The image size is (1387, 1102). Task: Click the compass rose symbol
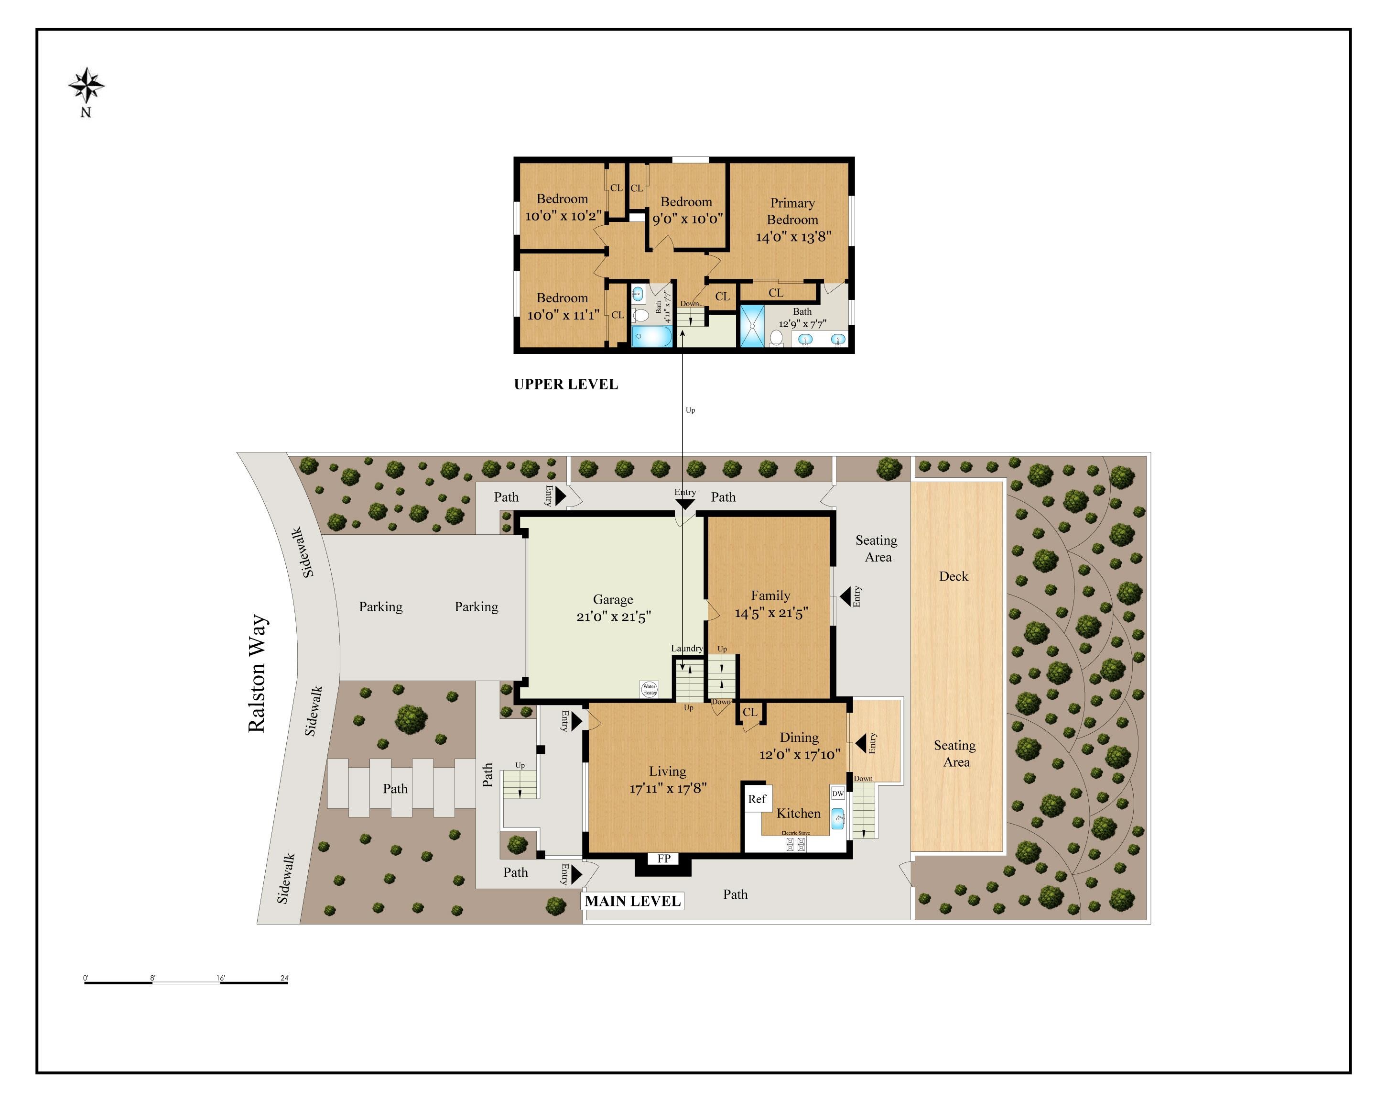(x=86, y=86)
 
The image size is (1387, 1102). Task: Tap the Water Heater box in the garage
(x=649, y=689)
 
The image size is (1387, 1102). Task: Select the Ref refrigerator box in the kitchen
(x=757, y=799)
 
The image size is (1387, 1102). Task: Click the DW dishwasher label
(x=838, y=793)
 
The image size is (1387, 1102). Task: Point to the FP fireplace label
(x=664, y=858)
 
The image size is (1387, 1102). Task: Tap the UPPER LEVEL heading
(x=565, y=384)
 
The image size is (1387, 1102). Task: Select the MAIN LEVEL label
(x=632, y=901)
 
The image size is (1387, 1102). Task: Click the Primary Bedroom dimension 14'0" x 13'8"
(x=793, y=237)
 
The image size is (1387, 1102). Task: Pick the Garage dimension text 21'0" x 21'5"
(x=614, y=617)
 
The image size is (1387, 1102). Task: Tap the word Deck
(x=954, y=576)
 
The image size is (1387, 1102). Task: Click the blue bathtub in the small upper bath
(x=651, y=337)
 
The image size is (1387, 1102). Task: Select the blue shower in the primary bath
(x=751, y=326)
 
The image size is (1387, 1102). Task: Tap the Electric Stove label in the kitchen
(x=796, y=833)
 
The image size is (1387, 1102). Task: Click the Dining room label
(x=799, y=738)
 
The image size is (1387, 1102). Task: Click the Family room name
(x=770, y=595)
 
